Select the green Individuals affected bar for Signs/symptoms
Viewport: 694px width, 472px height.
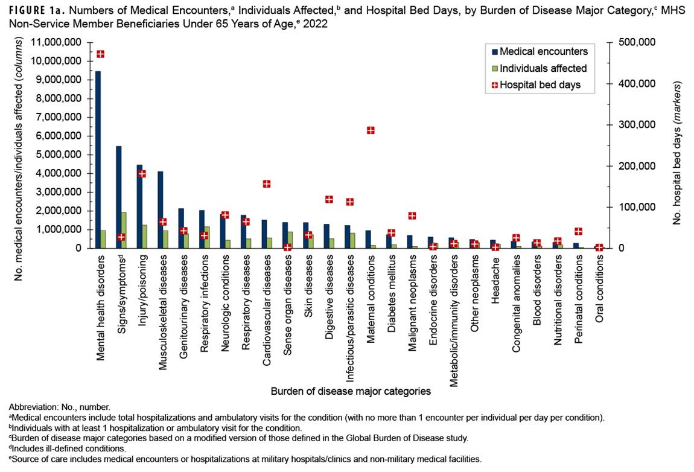124,230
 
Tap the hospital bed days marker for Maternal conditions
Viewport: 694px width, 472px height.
371,130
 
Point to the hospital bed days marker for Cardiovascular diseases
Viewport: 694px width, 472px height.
266,184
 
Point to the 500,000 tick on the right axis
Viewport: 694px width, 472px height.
634,43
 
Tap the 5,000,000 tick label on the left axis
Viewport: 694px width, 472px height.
57,155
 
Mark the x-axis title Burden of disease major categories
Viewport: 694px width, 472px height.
350,391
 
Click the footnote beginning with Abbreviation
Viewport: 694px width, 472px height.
60,407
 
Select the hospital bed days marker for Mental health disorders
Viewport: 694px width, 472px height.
100,54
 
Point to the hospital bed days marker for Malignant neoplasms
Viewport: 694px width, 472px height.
412,215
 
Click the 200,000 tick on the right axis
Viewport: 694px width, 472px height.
634,166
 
